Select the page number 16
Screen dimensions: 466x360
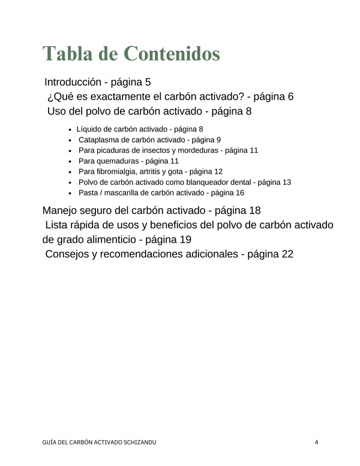click(x=240, y=193)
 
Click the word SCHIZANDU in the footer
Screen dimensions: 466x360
click(x=141, y=443)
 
